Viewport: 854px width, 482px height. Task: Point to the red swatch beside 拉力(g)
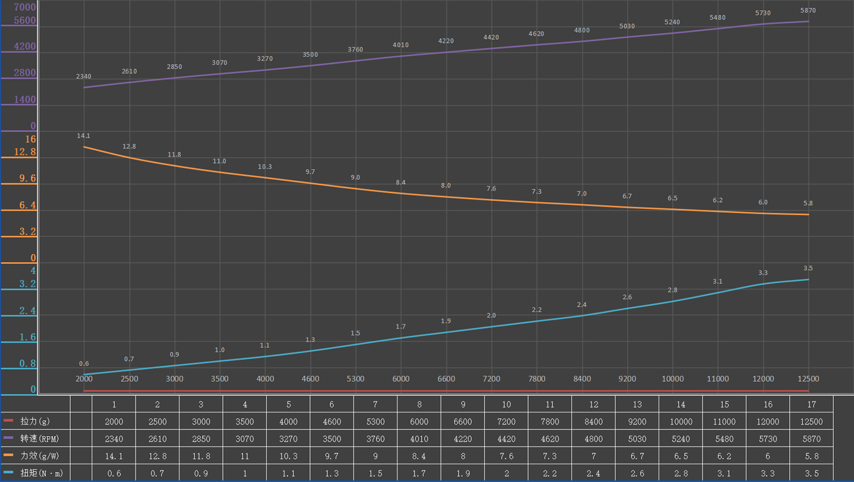pyautogui.click(x=8, y=421)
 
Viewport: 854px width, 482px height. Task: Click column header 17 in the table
pyautogui.click(x=811, y=404)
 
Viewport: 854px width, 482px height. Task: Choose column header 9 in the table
pyautogui.click(x=463, y=404)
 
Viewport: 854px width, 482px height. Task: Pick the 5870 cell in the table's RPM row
pyautogui.click(x=811, y=439)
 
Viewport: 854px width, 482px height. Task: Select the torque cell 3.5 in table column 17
pyautogui.click(x=811, y=473)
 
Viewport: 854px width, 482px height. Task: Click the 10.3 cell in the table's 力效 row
pyautogui.click(x=288, y=456)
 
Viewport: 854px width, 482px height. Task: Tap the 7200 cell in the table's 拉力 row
pyautogui.click(x=506, y=422)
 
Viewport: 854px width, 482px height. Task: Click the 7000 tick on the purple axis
pyautogui.click(x=25, y=8)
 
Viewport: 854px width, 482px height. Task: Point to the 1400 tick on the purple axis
pyautogui.click(x=25, y=100)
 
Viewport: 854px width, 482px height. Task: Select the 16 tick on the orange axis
pyautogui.click(x=31, y=139)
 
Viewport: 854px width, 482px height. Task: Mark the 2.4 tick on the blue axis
pyautogui.click(x=27, y=311)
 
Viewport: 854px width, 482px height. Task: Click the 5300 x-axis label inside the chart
pyautogui.click(x=355, y=379)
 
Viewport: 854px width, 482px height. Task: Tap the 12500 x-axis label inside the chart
pyautogui.click(x=808, y=379)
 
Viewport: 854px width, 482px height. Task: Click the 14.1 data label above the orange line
pyautogui.click(x=84, y=136)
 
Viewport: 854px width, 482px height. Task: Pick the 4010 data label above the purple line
pyautogui.click(x=400, y=45)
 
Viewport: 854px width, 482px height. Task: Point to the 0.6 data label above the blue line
pyautogui.click(x=84, y=363)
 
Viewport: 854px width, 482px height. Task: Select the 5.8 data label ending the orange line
pyautogui.click(x=808, y=203)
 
